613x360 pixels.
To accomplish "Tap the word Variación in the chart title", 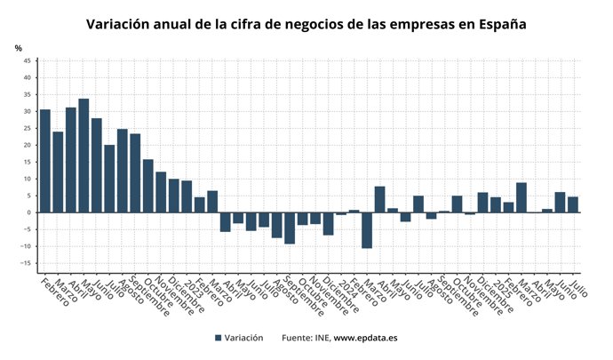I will pos(124,23).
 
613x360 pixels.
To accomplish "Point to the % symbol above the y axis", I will pos(18,48).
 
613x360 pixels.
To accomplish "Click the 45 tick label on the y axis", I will pos(27,60).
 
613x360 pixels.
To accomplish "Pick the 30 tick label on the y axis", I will pos(27,111).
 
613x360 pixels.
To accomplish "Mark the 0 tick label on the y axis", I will pos(28,212).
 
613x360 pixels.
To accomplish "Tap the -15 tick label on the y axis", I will pos(26,263).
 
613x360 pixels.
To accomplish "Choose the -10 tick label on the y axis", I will pos(26,246).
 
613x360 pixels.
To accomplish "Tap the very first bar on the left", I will pos(44,161).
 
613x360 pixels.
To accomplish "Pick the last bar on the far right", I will pos(573,204).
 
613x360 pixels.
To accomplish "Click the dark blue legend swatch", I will pos(218,338).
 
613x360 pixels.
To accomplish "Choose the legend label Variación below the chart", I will pos(243,338).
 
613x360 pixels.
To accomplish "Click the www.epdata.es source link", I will pos(365,338).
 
